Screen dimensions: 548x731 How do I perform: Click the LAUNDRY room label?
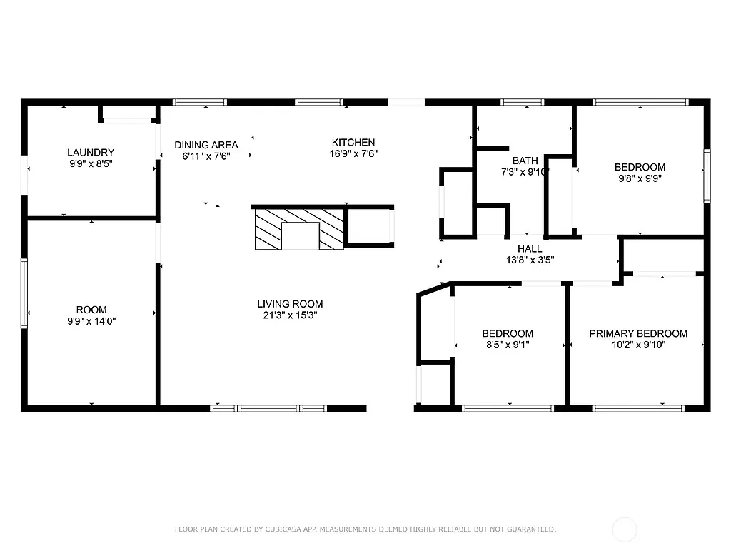pyautogui.click(x=91, y=152)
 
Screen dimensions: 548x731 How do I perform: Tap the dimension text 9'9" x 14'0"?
pyautogui.click(x=91, y=321)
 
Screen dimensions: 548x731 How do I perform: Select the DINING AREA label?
pyautogui.click(x=206, y=145)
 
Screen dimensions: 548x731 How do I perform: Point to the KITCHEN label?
pyautogui.click(x=353, y=142)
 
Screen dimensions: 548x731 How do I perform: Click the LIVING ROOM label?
pyautogui.click(x=290, y=304)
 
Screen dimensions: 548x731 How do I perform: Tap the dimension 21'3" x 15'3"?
pyautogui.click(x=290, y=315)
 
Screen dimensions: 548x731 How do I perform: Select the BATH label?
pyautogui.click(x=525, y=161)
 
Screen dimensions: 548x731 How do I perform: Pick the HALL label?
pyautogui.click(x=530, y=249)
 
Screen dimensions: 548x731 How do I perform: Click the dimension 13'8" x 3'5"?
pyautogui.click(x=530, y=260)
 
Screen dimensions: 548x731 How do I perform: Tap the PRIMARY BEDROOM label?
pyautogui.click(x=638, y=333)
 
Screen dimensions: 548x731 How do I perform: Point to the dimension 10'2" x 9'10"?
pyautogui.click(x=638, y=345)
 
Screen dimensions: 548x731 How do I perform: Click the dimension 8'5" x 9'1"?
pyautogui.click(x=507, y=345)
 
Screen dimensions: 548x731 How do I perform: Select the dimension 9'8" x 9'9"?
pyautogui.click(x=640, y=179)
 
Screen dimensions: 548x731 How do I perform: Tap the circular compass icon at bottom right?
pyautogui.click(x=625, y=529)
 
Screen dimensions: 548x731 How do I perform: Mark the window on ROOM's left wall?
pyautogui.click(x=24, y=293)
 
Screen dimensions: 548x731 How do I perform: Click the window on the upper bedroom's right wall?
pyautogui.click(x=707, y=176)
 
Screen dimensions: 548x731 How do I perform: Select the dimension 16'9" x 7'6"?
pyautogui.click(x=353, y=153)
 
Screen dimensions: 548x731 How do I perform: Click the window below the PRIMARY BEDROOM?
pyautogui.click(x=638, y=408)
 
